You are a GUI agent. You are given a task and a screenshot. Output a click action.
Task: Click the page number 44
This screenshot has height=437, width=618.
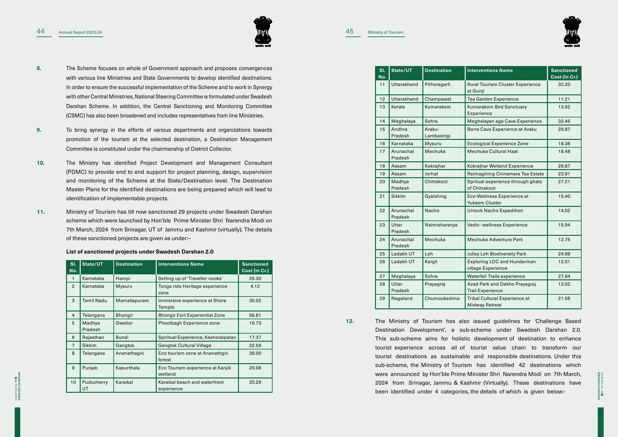point(41,31)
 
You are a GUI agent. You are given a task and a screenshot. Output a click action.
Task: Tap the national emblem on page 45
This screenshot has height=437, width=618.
point(572,31)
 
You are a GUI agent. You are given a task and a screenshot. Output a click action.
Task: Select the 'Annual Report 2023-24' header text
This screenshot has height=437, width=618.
point(80,32)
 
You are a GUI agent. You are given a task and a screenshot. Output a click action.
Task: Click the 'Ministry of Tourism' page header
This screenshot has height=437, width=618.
point(385,32)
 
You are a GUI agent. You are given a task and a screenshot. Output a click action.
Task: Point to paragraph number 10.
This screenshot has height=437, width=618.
point(40,163)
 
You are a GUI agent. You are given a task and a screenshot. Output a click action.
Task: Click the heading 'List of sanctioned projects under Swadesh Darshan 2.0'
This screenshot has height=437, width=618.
point(140,252)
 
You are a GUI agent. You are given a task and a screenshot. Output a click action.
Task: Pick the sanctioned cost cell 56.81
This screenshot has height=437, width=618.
point(255,315)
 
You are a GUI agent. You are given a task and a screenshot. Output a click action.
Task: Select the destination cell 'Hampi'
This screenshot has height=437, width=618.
point(123,278)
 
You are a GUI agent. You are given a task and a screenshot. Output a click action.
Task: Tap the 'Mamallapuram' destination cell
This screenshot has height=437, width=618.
point(132,301)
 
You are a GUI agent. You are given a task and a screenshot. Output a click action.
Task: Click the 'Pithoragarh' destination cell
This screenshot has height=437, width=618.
point(437,84)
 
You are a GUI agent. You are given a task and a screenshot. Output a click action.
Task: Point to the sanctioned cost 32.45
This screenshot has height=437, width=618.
point(564,121)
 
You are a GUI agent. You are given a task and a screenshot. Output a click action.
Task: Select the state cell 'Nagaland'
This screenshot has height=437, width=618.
point(402,298)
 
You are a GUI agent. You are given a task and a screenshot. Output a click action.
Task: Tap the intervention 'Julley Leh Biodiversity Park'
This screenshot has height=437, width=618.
point(497,254)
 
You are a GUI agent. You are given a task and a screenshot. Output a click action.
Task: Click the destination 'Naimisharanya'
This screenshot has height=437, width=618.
point(441,225)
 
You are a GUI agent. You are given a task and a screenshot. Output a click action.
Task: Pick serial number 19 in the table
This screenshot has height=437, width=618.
point(382,174)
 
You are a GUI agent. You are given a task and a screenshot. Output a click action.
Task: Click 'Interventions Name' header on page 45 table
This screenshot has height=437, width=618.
point(490,70)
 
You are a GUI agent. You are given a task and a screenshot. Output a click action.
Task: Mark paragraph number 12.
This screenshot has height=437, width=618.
point(350,321)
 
